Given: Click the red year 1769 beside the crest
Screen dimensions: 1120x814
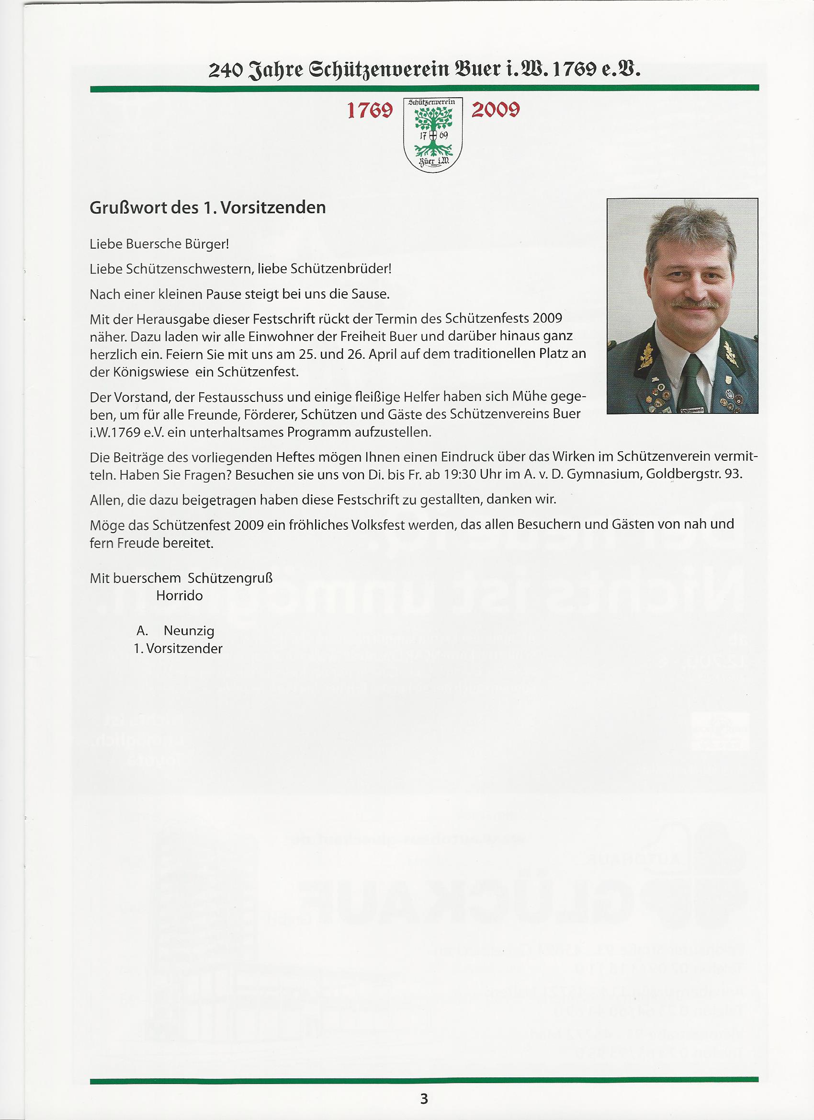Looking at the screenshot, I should (370, 111).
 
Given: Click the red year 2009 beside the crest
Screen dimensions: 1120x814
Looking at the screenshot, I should (495, 110).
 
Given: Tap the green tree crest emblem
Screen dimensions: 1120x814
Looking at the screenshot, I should (432, 135).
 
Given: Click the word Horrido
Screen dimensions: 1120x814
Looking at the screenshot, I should (179, 595).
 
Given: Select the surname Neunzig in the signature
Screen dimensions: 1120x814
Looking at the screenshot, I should (189, 630).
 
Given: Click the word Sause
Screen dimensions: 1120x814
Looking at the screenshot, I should (371, 294).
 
